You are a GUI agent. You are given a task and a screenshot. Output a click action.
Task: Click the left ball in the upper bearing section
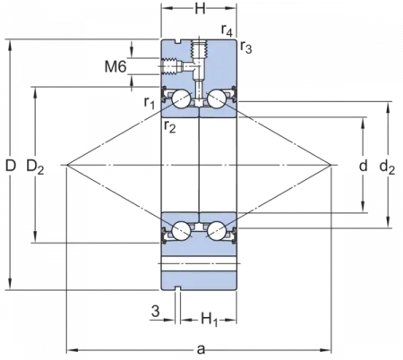coord(182,100)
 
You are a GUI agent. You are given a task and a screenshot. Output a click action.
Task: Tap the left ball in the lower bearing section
coord(182,229)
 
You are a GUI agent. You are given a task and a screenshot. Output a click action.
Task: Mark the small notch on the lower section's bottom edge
coord(178,290)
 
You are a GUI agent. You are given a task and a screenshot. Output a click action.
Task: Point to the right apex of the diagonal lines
coord(338,166)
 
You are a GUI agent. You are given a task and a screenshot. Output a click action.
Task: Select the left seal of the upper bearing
coord(164,99)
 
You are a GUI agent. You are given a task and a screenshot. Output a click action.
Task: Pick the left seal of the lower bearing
coord(164,232)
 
